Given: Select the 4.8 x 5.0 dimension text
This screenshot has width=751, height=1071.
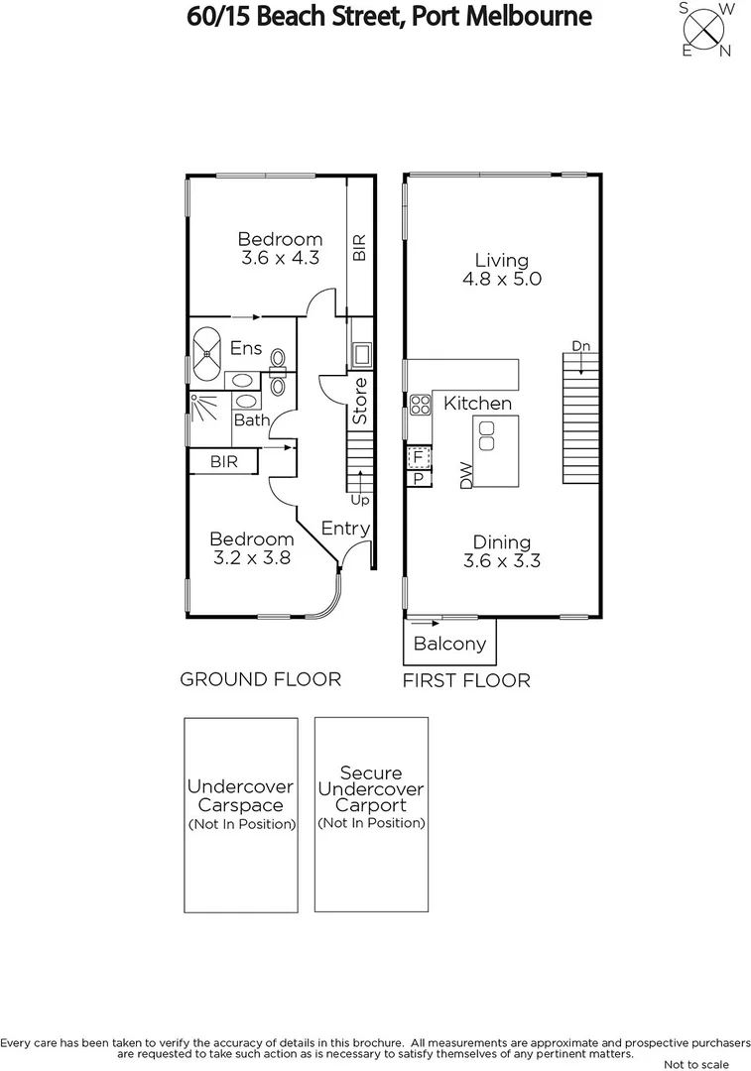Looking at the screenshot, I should (501, 280).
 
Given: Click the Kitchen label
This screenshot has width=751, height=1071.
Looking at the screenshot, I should (477, 403).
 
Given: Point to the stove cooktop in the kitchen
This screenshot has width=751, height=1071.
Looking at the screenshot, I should (420, 404).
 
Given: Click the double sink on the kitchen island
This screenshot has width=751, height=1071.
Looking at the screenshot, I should (487, 435).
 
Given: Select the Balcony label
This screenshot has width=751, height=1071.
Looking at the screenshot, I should (449, 644).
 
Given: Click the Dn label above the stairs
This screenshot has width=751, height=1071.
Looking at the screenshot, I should (580, 345).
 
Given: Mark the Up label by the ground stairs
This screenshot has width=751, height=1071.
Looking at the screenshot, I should (359, 501).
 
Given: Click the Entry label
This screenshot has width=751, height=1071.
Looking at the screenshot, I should (345, 529).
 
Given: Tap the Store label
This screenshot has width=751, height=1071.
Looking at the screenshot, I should (360, 402).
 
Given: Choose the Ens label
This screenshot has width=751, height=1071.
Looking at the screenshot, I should (246, 348).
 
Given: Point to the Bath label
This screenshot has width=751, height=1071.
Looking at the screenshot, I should (252, 420).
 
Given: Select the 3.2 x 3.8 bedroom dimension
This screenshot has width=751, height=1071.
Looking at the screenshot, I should (251, 557).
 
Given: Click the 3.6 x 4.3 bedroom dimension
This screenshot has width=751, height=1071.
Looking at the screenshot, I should (280, 258).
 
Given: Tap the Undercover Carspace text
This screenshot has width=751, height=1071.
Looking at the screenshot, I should (241, 795).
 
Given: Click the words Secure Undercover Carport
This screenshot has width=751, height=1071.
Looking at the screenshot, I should (370, 789).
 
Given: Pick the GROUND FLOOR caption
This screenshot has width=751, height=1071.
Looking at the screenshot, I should (260, 679).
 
